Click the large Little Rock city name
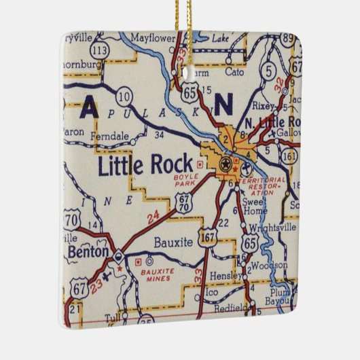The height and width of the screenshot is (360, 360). pyautogui.click(x=145, y=166)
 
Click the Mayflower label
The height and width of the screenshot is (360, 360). pyautogui.click(x=152, y=37)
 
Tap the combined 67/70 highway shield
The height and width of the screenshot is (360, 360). pyautogui.click(x=183, y=202)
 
